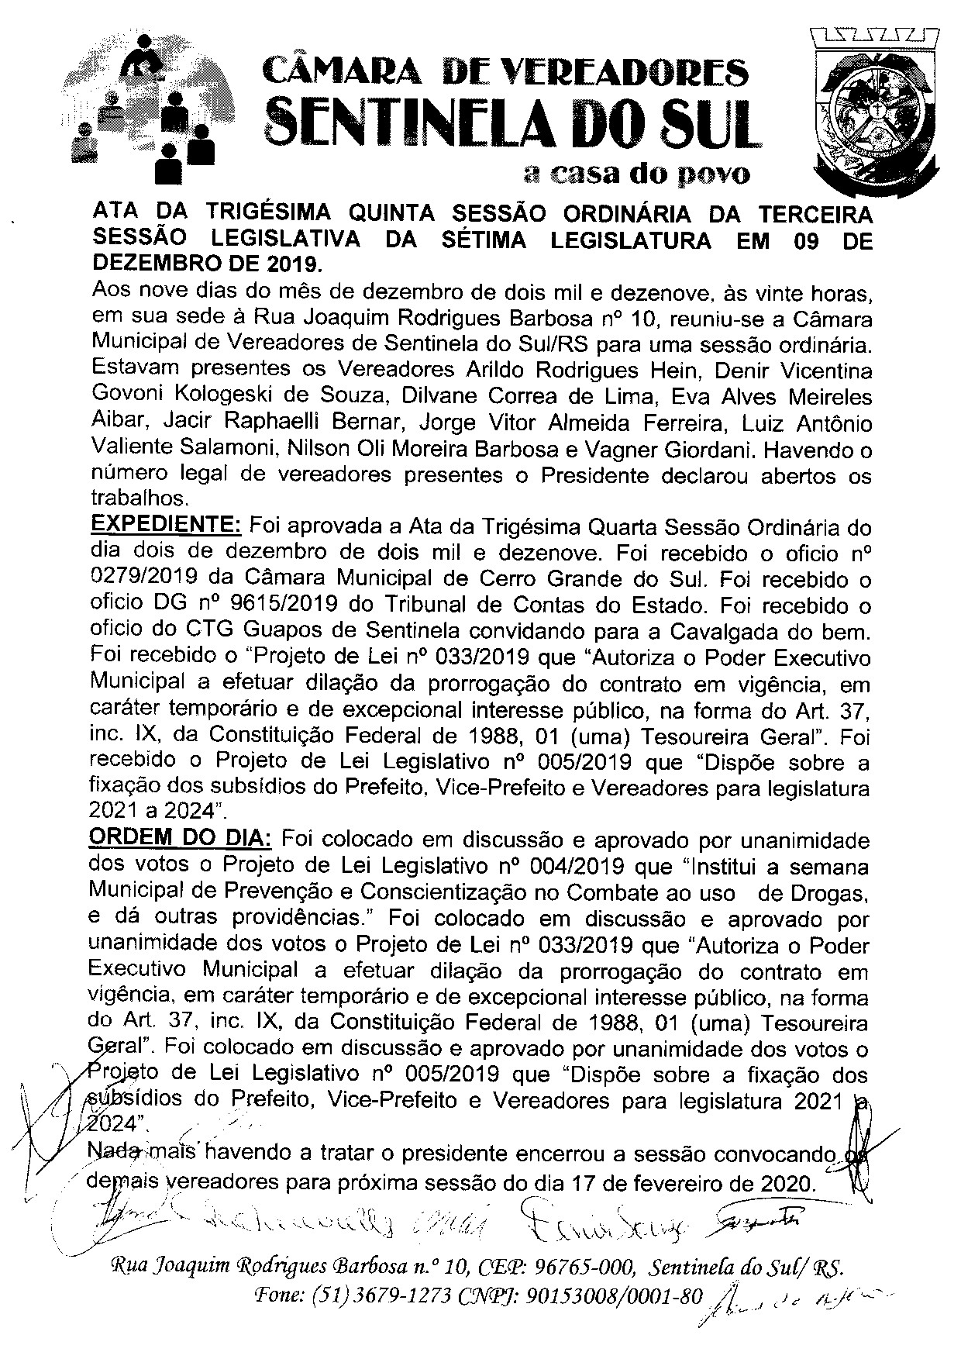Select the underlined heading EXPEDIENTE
click(167, 526)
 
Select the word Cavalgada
click(726, 630)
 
